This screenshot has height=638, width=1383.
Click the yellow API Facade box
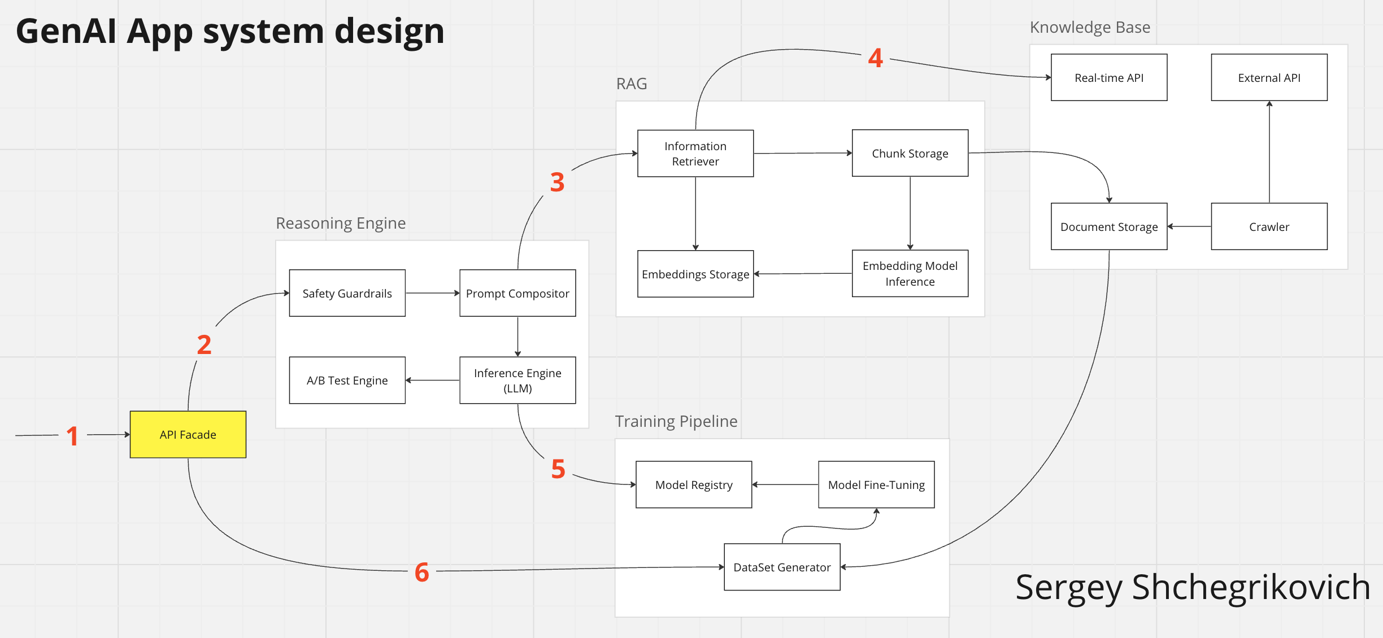(x=188, y=434)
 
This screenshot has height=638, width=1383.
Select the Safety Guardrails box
(x=347, y=293)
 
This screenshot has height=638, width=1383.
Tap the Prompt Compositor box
(x=517, y=293)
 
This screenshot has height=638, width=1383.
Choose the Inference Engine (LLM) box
(x=517, y=380)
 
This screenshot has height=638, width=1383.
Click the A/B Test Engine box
(x=347, y=380)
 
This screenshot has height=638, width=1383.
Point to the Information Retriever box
(x=695, y=154)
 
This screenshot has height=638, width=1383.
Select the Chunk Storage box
(x=910, y=153)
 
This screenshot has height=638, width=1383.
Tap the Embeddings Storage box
(x=695, y=274)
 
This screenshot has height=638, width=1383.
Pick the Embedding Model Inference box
(x=910, y=273)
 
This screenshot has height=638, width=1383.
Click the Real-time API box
(x=1108, y=77)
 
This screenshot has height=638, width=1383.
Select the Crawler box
(x=1269, y=226)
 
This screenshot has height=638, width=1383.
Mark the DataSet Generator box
(x=782, y=567)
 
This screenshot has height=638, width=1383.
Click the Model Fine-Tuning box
(x=876, y=484)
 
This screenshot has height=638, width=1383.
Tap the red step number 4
(x=875, y=58)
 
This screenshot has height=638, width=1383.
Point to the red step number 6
(x=421, y=572)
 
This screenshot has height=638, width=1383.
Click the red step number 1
(x=72, y=436)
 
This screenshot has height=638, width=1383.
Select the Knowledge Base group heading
(x=1089, y=27)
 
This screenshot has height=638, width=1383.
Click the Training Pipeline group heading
(x=676, y=421)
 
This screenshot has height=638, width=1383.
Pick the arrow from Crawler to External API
(x=1269, y=152)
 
